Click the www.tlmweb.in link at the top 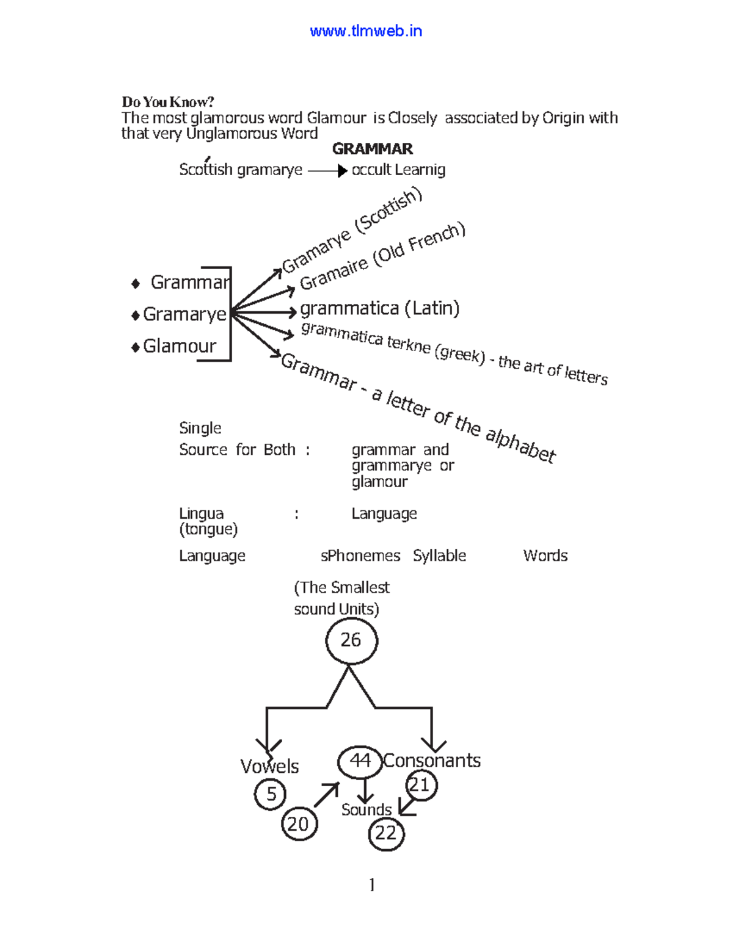[366, 31]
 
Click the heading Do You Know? [167, 102]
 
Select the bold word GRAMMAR [372, 149]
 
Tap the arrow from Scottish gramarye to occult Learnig [327, 171]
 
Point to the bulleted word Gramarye [184, 314]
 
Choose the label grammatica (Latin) [379, 308]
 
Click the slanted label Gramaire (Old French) [382, 256]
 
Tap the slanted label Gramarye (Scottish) [352, 231]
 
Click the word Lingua [201, 513]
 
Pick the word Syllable [439, 555]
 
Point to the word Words [545, 555]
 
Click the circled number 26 [351, 640]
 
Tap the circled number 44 [360, 761]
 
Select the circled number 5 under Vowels [271, 794]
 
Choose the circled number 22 [386, 833]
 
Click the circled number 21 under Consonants [421, 785]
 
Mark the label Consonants [432, 761]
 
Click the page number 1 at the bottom [372, 885]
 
